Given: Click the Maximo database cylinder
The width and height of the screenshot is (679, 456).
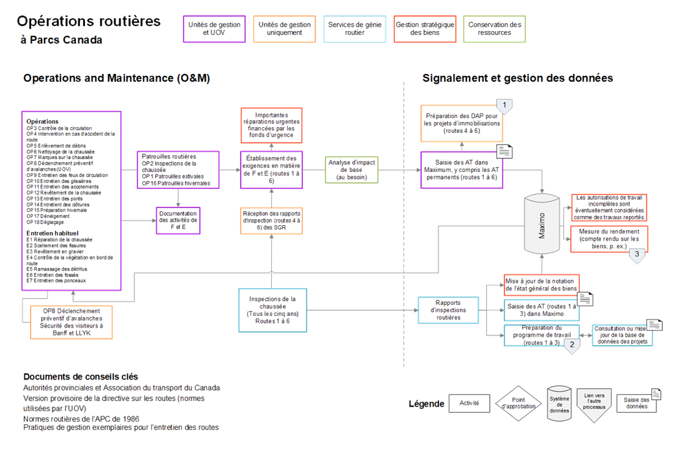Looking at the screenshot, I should click(542, 224).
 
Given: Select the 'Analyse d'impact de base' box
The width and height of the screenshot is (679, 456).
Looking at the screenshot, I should click(351, 169).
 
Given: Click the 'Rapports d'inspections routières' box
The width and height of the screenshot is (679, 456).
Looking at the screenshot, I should click(448, 310).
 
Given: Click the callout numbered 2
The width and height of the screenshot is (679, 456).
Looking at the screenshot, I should click(571, 345).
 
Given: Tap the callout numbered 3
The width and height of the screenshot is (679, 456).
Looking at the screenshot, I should click(637, 254).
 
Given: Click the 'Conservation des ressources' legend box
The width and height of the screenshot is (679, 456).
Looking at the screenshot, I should click(494, 29).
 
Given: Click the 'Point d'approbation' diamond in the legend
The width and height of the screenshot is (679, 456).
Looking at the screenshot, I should click(518, 403).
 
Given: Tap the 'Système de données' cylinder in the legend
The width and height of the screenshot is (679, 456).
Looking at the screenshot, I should click(559, 403).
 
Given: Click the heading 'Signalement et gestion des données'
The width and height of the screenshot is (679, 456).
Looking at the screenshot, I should click(518, 78).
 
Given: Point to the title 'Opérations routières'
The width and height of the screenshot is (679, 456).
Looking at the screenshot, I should click(89, 21).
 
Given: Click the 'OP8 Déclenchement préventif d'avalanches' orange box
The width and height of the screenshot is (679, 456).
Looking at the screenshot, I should click(71, 322).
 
